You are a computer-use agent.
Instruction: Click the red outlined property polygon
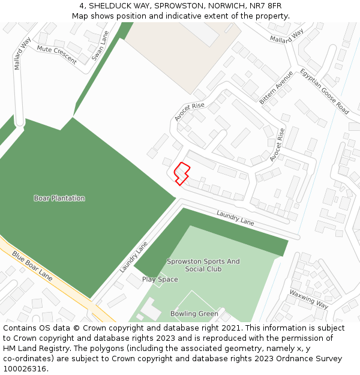(x=182, y=173)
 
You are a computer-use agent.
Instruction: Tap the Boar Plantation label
(x=59, y=198)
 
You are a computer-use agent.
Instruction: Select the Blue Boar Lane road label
(x=32, y=266)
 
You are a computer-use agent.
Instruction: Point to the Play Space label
(x=160, y=280)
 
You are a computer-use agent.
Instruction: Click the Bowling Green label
(x=194, y=314)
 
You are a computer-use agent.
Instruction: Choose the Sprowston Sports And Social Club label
(x=203, y=265)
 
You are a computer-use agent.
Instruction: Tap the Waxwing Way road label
(x=308, y=299)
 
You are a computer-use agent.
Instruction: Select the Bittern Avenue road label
(x=277, y=87)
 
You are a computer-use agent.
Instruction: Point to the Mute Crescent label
(x=57, y=55)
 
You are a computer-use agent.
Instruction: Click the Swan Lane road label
(x=99, y=46)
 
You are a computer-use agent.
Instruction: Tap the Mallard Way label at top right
(x=287, y=35)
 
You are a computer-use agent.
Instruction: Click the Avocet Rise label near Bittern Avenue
(x=190, y=112)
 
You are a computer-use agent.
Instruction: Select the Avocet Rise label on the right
(x=277, y=144)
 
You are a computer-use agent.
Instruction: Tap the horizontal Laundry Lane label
(x=235, y=218)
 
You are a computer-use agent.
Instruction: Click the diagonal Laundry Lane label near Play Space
(x=133, y=257)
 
